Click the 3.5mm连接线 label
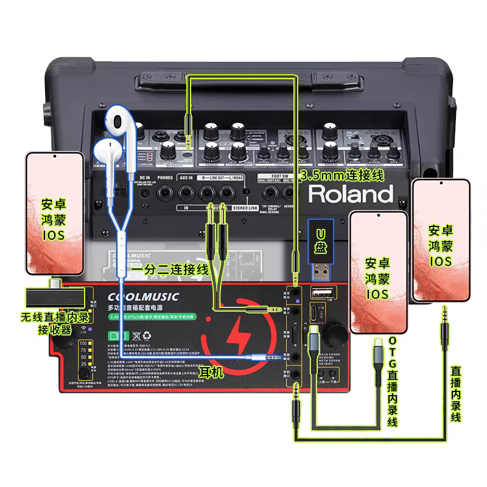pyautogui.click(x=342, y=175)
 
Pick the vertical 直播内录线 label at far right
pyautogui.click(x=455, y=394)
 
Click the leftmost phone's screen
pyautogui.click(x=54, y=213)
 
